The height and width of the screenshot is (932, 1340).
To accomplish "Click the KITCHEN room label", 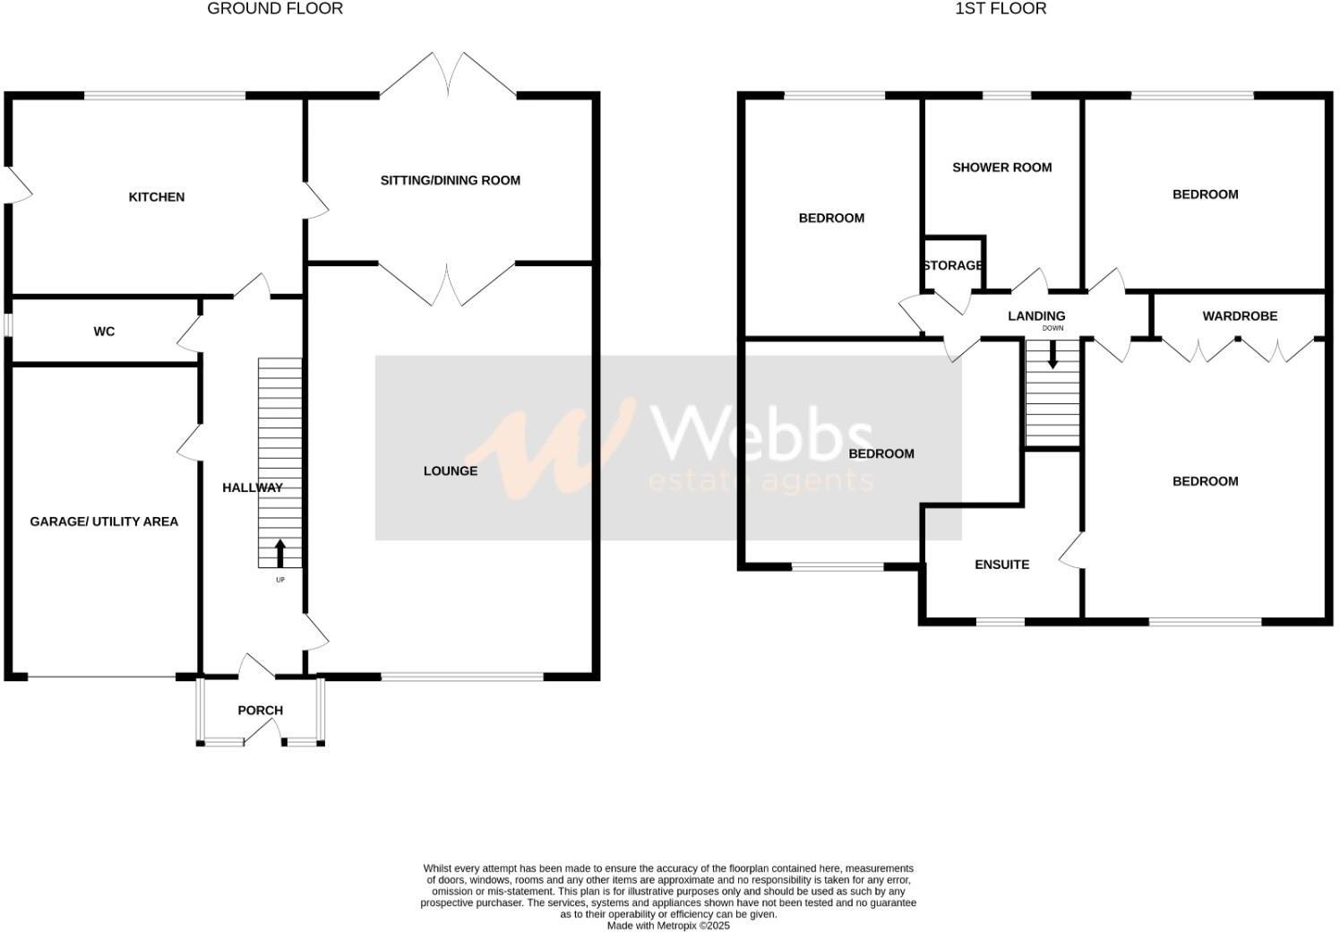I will click(157, 197).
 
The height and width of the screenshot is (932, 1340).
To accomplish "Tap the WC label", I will click(104, 332).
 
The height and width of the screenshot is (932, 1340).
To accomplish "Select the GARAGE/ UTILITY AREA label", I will click(104, 522).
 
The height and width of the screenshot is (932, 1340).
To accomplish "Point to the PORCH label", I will click(260, 711).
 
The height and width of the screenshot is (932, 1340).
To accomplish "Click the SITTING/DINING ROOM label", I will click(450, 180).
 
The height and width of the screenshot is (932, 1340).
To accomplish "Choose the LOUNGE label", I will click(450, 471).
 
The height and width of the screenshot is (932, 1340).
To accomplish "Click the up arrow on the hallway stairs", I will click(279, 553).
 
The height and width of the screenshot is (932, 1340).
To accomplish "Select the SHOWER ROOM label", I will click(1001, 168).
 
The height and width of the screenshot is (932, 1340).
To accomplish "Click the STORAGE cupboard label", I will click(953, 266).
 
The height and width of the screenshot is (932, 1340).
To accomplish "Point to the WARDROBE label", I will click(1240, 316).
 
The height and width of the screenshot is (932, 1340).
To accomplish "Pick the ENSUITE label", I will click(1001, 565).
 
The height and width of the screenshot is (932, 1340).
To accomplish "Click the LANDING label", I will click(1036, 316).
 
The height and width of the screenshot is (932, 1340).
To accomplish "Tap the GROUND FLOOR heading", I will click(275, 9).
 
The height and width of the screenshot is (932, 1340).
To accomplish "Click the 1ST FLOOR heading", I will click(1001, 9).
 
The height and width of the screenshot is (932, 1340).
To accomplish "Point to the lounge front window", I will click(462, 677).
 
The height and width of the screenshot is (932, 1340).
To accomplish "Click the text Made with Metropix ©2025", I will click(668, 926).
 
